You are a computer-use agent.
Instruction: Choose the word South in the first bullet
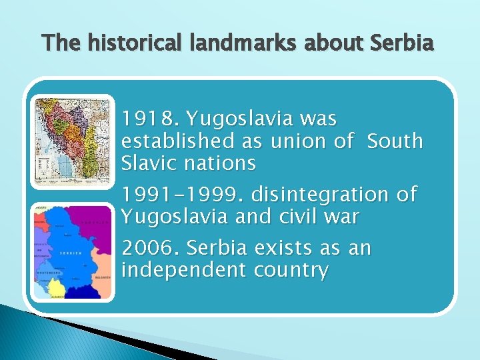(x=395, y=141)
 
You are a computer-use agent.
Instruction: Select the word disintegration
(x=321, y=195)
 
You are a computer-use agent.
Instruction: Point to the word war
(x=344, y=217)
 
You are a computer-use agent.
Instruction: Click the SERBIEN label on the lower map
(x=70, y=253)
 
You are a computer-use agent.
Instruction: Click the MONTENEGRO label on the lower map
(x=47, y=273)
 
